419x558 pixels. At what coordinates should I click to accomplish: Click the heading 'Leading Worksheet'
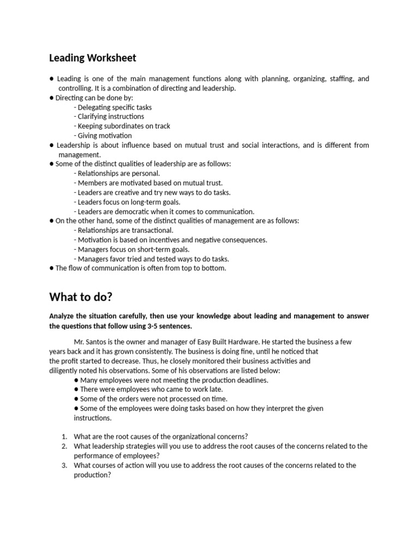(93, 58)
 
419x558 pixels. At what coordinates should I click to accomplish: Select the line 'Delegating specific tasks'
(113, 107)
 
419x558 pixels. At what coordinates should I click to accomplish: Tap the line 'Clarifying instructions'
(109, 117)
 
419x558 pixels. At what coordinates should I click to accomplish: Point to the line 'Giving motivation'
(103, 136)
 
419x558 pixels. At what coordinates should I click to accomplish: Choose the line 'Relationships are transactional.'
(123, 231)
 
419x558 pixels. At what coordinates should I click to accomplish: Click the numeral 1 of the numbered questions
(64, 436)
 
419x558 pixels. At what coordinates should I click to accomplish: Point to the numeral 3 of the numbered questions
(64, 465)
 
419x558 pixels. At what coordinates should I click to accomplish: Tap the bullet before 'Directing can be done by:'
(51, 98)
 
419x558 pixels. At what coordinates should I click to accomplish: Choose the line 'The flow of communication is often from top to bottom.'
(140, 268)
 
